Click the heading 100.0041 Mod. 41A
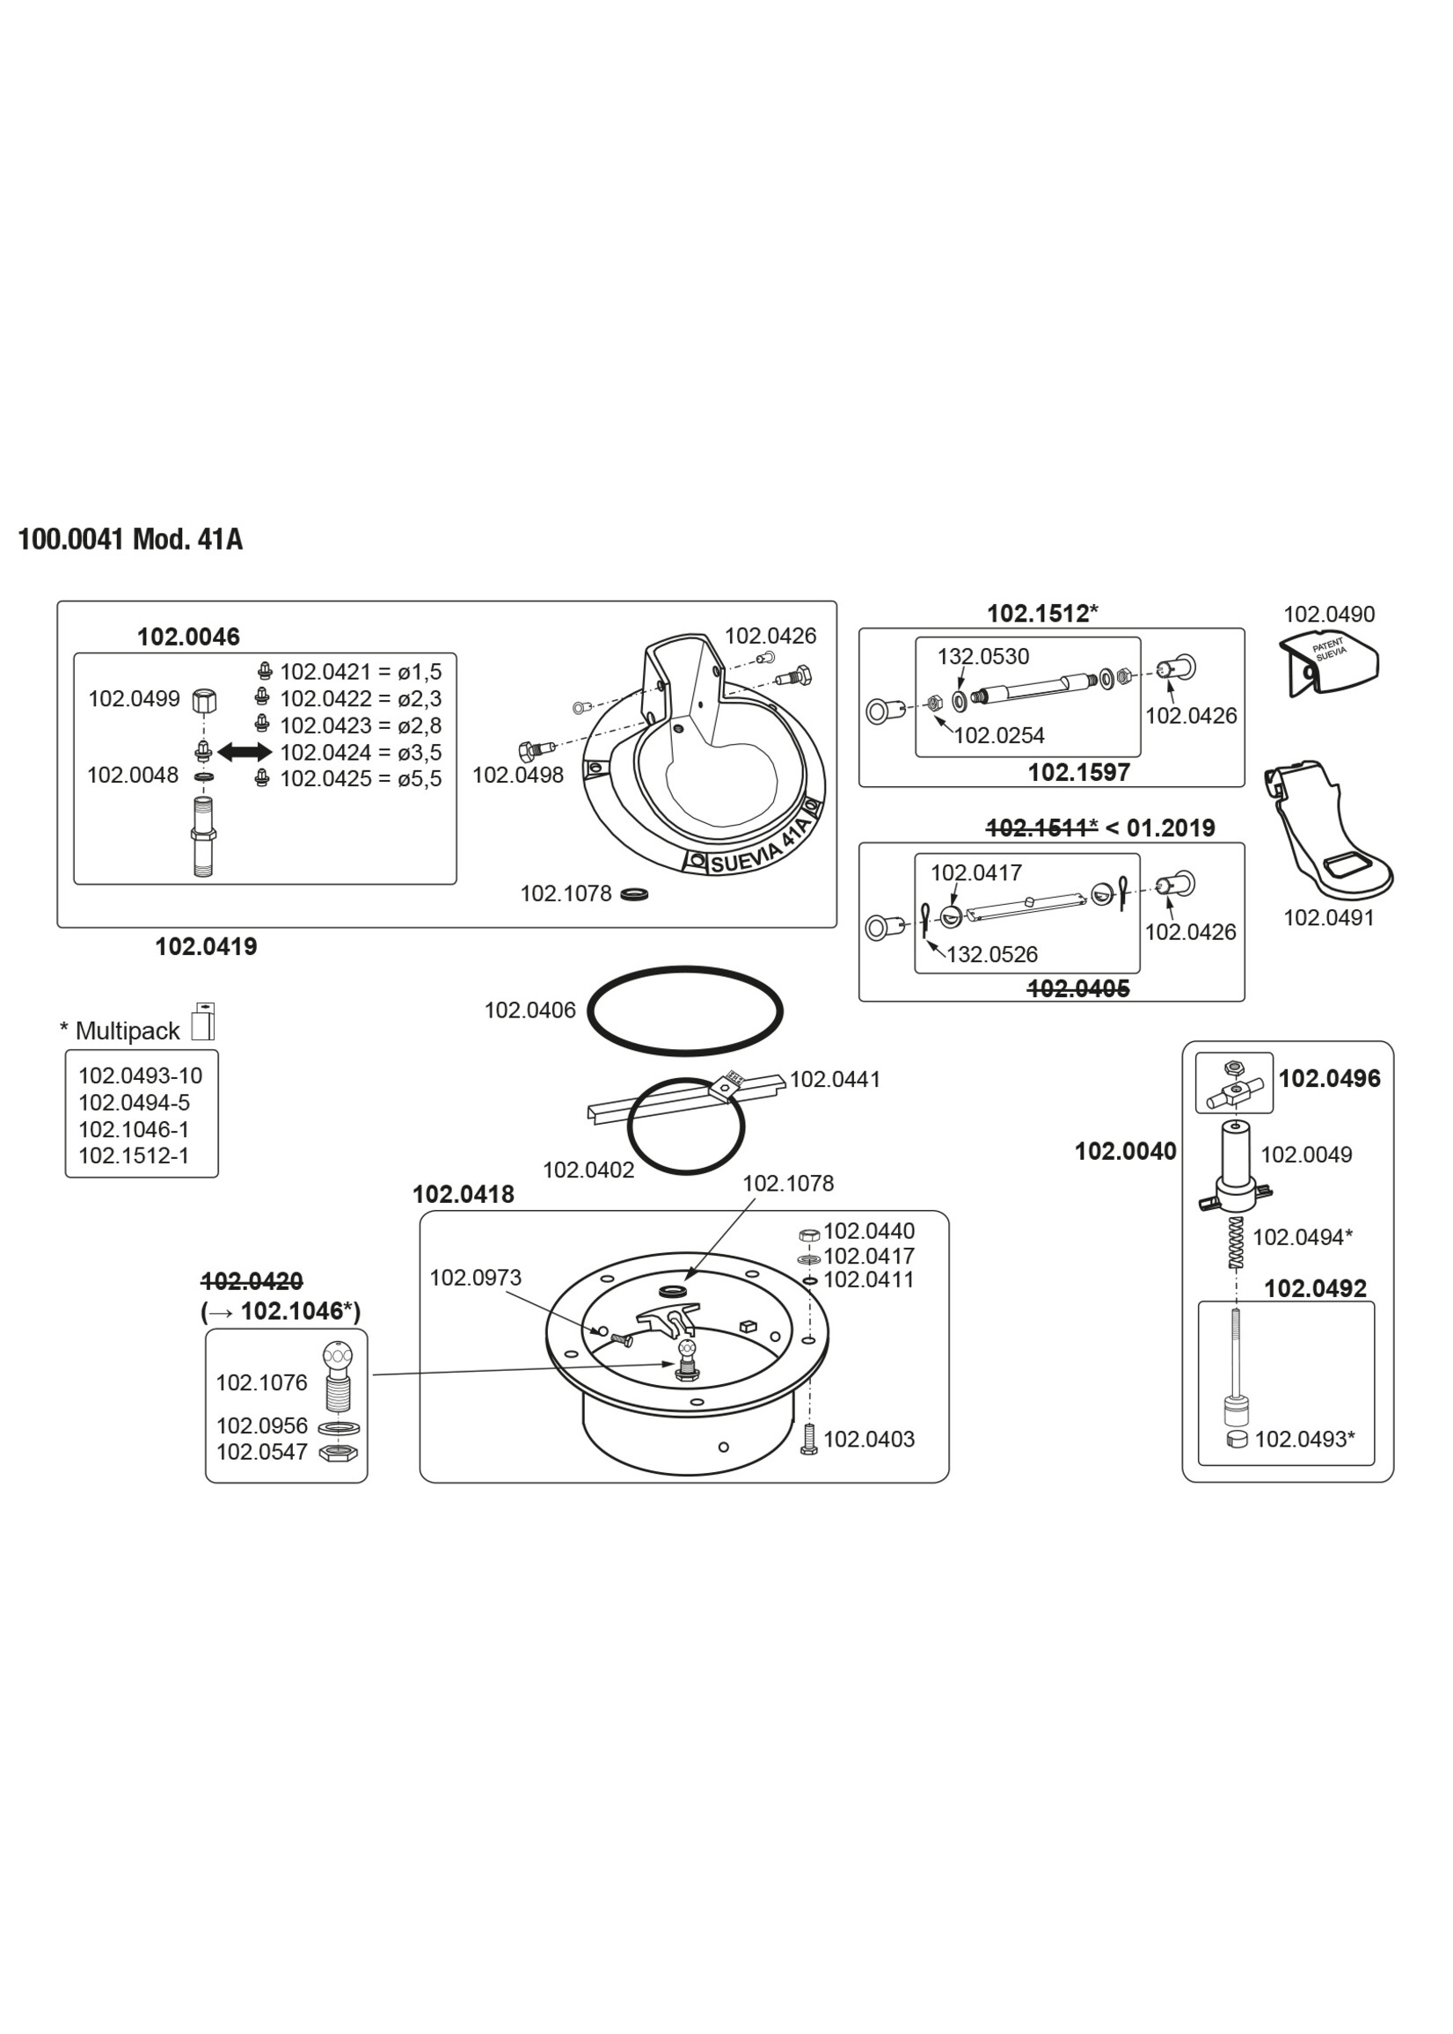131,540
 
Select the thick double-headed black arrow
245,752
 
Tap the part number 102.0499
134,698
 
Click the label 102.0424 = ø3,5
361,752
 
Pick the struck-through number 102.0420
252,1281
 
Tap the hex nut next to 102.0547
339,1453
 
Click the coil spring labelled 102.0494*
1237,1243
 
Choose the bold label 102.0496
1329,1079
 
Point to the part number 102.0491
1329,918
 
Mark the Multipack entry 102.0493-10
141,1075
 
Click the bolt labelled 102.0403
811,1440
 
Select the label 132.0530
982,657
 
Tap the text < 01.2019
1160,828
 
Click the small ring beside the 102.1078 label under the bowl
634,893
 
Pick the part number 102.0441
835,1080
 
